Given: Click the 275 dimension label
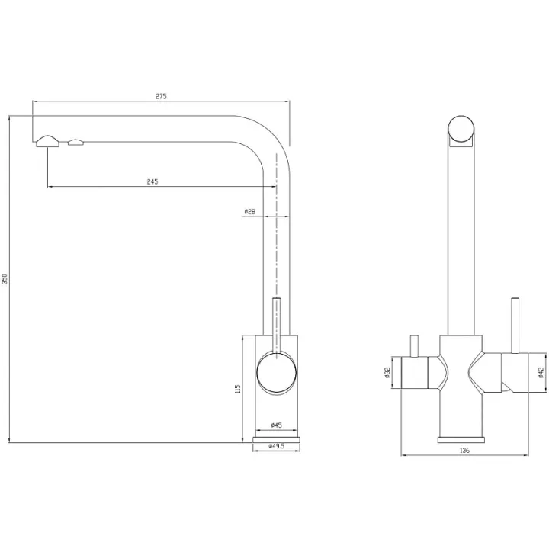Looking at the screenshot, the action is (161, 96).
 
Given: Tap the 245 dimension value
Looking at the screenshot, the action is (152, 181).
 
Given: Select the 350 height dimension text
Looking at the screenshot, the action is (5, 279).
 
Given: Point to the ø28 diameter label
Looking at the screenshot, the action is (250, 211).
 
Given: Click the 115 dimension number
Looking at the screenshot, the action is (238, 389).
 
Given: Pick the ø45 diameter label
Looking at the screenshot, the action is (276, 425).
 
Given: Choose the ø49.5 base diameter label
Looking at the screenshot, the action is (276, 446).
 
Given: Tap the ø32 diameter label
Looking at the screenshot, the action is (387, 373).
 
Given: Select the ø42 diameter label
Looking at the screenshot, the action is (541, 373).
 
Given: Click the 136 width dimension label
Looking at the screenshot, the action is (464, 451).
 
